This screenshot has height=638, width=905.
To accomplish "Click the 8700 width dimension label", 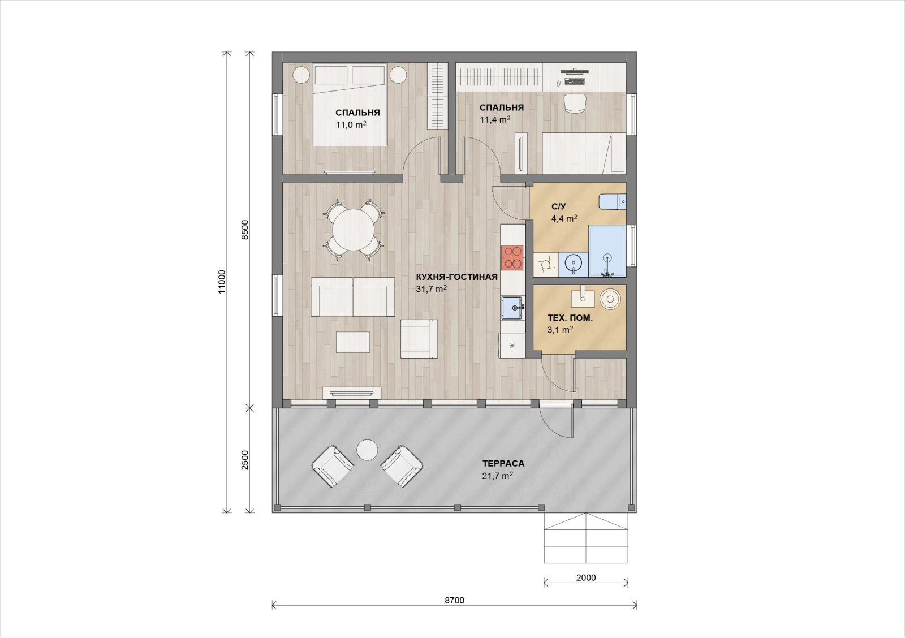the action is coord(455,601).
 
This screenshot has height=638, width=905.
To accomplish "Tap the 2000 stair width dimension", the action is coord(586,578).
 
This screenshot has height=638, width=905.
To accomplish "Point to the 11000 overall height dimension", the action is coord(222,282).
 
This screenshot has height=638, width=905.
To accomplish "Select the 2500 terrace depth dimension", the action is coord(245,460).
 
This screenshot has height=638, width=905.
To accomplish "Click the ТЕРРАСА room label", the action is coord(503,463).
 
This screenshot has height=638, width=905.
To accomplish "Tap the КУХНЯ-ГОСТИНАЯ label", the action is coord(456,277).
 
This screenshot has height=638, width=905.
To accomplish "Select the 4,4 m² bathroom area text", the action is coord(564,218).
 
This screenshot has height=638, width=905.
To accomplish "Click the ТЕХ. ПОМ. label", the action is coord(570,318).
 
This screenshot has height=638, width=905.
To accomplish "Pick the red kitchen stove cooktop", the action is coord(512,257).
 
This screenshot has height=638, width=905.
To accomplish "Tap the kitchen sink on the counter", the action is coord(512,308).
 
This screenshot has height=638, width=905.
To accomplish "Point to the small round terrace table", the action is coord(367,450).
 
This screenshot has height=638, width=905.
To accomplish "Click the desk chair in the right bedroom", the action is coord(575,104).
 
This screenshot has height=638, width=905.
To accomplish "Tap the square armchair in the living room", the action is coord(419,339).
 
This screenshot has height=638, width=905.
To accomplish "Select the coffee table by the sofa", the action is coord(353,342).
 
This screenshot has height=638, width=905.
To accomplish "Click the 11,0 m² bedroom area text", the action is coord(351,125).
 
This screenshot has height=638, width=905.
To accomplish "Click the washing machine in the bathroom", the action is coord(545,265).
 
